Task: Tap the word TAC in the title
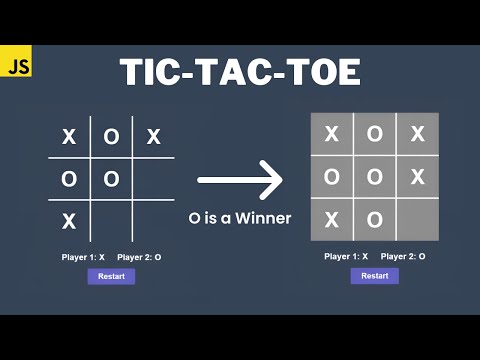click(236, 72)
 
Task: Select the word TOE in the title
click(319, 72)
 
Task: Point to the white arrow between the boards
click(240, 181)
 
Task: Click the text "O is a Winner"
click(240, 217)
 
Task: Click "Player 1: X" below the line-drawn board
click(83, 257)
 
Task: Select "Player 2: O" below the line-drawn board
click(139, 257)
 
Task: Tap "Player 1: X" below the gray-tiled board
click(347, 256)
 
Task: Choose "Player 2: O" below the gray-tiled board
click(403, 256)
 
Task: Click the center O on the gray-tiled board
click(374, 177)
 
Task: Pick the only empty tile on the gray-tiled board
click(418, 219)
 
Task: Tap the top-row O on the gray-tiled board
click(374, 134)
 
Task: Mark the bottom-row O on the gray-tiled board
click(374, 219)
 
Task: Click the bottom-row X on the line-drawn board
click(69, 220)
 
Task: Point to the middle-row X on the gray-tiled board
click(418, 177)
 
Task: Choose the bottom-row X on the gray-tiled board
click(331, 219)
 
